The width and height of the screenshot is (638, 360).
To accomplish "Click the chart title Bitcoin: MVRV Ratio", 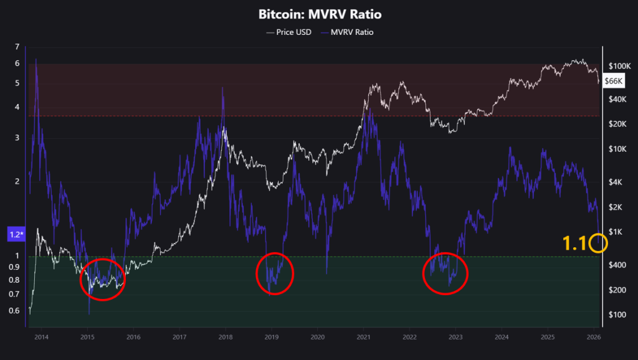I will click(x=320, y=14).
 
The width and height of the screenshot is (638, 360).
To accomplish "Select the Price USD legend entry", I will click(x=288, y=32).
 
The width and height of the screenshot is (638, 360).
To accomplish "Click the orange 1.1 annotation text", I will click(x=574, y=244).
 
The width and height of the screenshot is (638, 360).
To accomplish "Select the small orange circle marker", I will click(x=598, y=243).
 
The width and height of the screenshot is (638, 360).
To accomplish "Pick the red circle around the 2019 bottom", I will click(x=275, y=274).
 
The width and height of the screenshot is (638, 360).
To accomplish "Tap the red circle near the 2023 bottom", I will click(x=445, y=273).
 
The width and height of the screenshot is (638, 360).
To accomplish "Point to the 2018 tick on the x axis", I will click(x=225, y=337).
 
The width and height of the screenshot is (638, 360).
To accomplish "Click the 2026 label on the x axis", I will click(x=593, y=337).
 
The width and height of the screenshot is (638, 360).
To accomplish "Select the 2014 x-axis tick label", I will click(x=41, y=337).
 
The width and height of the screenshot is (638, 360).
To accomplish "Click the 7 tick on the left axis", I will click(x=17, y=47).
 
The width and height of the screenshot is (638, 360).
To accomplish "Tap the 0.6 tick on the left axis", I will click(x=15, y=311).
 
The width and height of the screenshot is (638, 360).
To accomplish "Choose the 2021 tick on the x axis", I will click(x=363, y=337).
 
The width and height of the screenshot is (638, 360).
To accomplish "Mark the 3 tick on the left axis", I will click(x=17, y=138).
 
